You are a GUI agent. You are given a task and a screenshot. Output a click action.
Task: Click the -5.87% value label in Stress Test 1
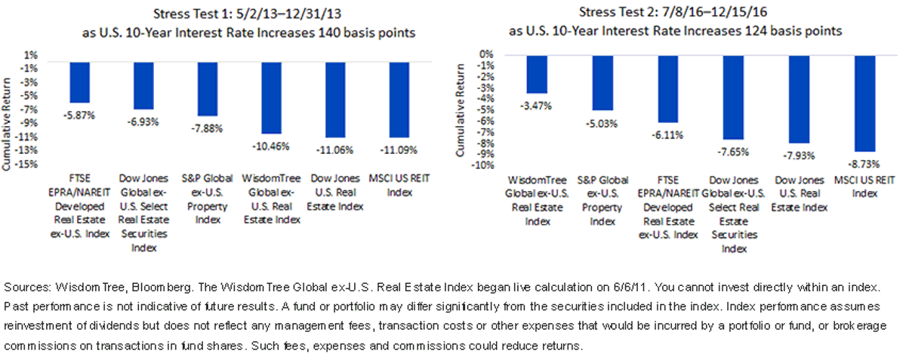(79, 115)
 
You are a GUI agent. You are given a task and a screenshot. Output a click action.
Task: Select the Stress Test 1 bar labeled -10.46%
(271, 98)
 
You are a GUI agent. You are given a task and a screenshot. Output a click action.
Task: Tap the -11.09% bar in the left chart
(399, 100)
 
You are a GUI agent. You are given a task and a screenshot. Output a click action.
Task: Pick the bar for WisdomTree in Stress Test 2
(537, 75)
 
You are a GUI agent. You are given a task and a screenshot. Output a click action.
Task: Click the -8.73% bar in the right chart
(864, 103)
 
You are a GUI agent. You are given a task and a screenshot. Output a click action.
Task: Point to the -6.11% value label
(667, 135)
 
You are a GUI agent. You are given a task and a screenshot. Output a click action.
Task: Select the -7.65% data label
(733, 152)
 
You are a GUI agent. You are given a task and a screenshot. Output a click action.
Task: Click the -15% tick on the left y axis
(26, 165)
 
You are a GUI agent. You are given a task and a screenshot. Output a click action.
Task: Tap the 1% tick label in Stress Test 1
(31, 55)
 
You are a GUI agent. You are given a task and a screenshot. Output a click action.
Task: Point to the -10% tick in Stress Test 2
(482, 165)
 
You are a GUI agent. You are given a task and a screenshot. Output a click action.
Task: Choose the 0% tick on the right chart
(486, 54)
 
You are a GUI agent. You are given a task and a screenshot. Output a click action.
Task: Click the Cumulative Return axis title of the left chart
(6, 125)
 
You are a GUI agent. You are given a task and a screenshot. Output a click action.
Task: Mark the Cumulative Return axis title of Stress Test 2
(460, 110)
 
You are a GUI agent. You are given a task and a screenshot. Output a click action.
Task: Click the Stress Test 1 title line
(247, 14)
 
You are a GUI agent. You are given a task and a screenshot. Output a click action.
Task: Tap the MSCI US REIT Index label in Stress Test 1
(399, 185)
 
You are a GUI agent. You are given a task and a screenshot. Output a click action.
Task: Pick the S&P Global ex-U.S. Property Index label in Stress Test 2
(602, 201)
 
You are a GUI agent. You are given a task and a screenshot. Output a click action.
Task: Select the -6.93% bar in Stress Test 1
(143, 86)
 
